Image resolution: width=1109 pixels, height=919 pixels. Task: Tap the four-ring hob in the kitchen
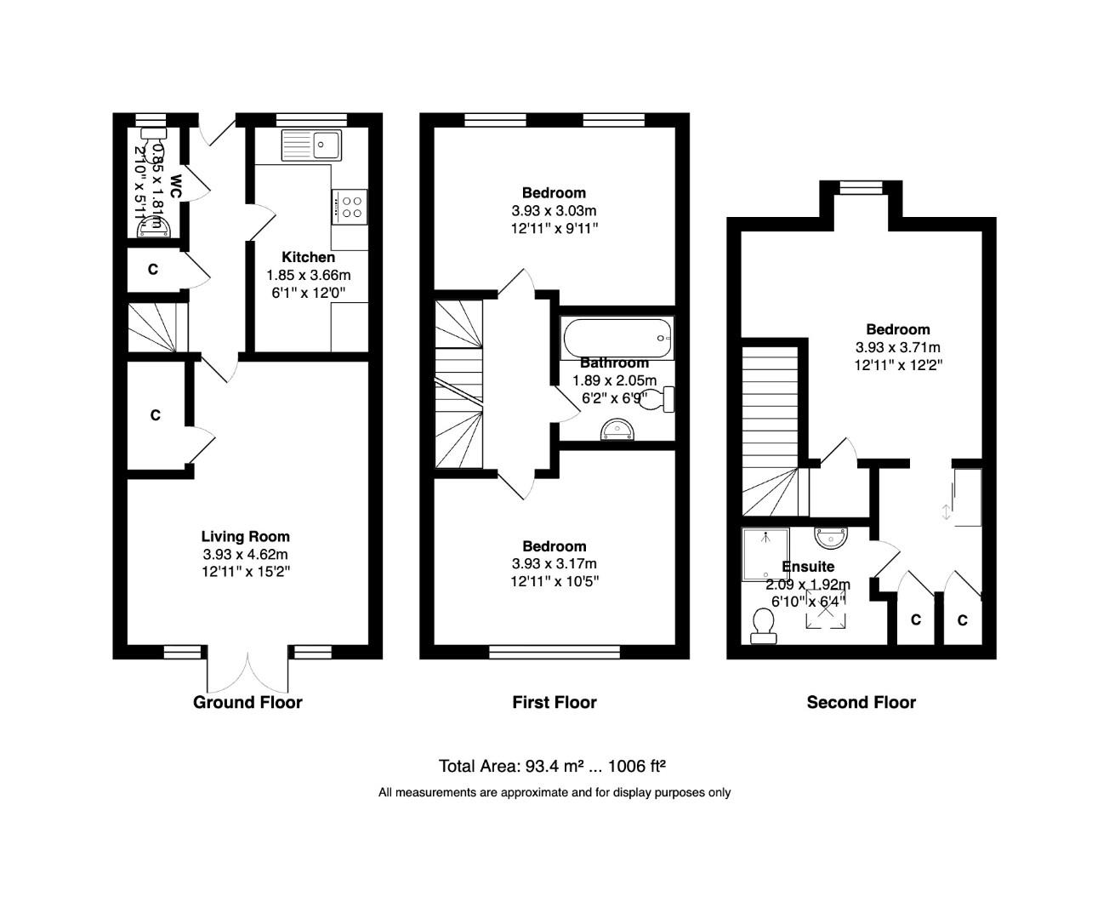(350, 207)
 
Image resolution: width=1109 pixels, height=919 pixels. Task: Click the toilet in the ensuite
(763, 628)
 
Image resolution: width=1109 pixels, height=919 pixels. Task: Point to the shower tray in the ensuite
(765, 554)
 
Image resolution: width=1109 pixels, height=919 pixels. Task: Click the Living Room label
(245, 537)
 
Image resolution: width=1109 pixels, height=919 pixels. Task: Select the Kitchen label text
(308, 257)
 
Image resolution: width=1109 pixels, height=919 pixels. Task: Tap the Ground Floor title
(247, 702)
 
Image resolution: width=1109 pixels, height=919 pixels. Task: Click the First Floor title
(554, 702)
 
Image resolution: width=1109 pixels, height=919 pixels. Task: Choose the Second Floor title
(861, 702)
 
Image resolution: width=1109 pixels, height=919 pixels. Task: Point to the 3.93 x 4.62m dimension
(245, 555)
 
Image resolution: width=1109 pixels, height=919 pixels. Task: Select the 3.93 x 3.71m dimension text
(897, 347)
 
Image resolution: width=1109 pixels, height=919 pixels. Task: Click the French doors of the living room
(247, 672)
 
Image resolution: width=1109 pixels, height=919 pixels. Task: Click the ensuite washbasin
(830, 538)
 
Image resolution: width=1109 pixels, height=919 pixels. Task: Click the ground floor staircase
(153, 327)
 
